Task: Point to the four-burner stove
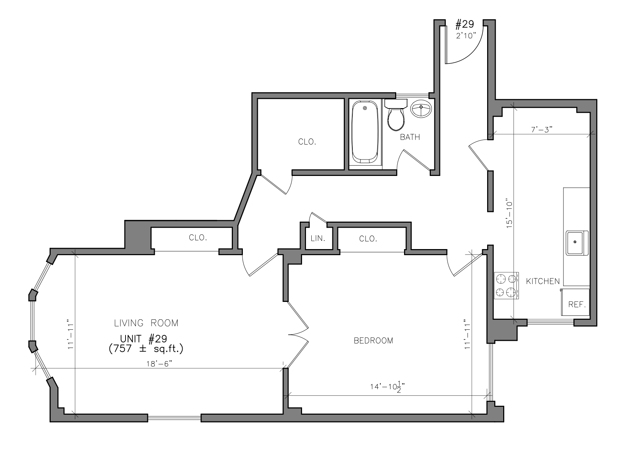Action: (x=506, y=285)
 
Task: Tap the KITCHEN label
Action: (x=543, y=281)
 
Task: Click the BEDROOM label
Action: (x=373, y=340)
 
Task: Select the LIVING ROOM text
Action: (x=146, y=323)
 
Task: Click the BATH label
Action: (x=410, y=137)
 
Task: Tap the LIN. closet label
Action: (x=318, y=238)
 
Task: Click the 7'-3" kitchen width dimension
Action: (x=542, y=130)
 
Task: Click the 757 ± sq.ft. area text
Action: (x=146, y=348)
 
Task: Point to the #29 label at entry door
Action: (x=465, y=24)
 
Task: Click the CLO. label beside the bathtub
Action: (x=307, y=142)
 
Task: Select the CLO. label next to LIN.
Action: (x=368, y=238)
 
